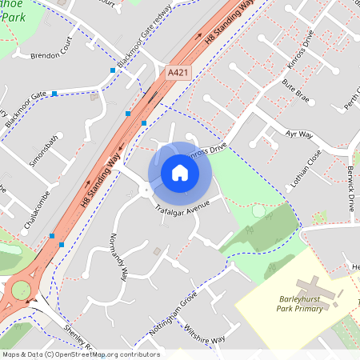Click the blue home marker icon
(x=180, y=173)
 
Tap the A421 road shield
(x=178, y=73)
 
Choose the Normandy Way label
(x=120, y=259)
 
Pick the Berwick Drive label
(x=350, y=179)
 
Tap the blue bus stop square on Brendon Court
(x=113, y=70)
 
